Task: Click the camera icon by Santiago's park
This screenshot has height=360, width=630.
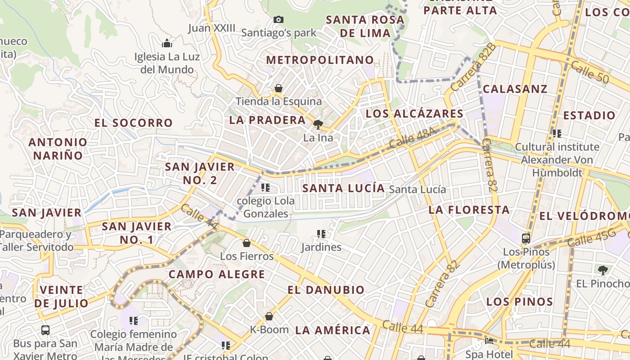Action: point(279,19)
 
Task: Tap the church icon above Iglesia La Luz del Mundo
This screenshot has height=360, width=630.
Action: point(167,43)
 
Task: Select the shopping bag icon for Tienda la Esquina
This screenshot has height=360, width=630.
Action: point(279,88)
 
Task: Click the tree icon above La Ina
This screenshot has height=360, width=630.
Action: point(318,124)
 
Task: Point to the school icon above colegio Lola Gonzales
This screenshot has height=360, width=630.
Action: point(265,187)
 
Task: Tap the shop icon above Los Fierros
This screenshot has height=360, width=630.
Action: point(247,243)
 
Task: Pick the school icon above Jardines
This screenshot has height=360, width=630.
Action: point(321,234)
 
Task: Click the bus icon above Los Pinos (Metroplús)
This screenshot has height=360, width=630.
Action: point(526,238)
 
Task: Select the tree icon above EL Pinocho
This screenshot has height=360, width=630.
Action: point(603,270)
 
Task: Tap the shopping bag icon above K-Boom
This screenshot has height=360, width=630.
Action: point(269,316)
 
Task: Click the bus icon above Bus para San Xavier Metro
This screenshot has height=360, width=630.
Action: point(45,330)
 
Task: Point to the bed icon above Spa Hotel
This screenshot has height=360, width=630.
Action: point(489,341)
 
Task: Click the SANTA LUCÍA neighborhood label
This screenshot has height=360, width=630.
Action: point(344,188)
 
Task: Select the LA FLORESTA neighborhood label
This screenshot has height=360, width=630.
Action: point(469,210)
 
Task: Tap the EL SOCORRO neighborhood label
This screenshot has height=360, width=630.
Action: point(134,123)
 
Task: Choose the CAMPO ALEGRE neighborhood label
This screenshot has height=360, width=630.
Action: point(216,274)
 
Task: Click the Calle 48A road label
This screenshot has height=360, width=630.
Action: point(413,138)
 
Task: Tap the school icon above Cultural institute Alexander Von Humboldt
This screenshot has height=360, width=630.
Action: point(557,133)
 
